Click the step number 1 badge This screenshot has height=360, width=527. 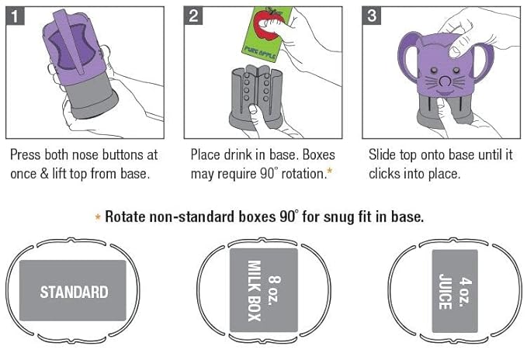pos(15,16)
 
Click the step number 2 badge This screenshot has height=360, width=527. pos(193,16)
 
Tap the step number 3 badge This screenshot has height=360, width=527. pos(371,16)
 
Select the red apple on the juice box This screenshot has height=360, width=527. pos(266,24)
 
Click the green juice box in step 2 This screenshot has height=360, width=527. pos(267,34)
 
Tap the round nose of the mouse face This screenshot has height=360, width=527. pos(446,81)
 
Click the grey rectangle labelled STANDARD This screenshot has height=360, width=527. pos(73,290)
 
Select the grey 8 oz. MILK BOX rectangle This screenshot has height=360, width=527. pos(264,290)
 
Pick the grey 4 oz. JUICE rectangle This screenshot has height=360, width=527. pos(455,291)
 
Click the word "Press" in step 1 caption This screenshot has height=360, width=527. pos(26,155)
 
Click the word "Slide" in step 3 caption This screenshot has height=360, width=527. pos(382,155)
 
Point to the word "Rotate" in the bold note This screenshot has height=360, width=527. pos(125,217)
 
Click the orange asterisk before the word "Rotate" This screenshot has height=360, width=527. pos(98,217)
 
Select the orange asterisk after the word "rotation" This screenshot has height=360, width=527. pos(329,171)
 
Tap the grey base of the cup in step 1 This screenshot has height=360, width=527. pos(91,98)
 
